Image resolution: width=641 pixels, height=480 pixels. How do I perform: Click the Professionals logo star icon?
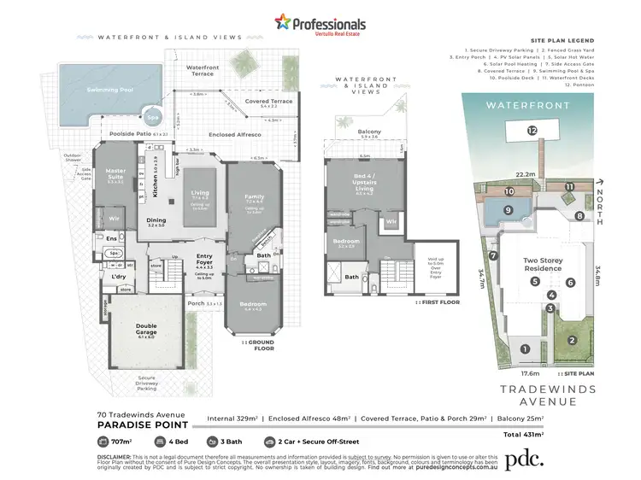pyautogui.click(x=282, y=22)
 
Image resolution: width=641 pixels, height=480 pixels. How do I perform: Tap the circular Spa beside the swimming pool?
pyautogui.click(x=152, y=118)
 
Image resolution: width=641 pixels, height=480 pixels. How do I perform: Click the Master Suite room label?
pyautogui.click(x=115, y=174)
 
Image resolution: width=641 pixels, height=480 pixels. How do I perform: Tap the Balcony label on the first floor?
pyautogui.click(x=370, y=132)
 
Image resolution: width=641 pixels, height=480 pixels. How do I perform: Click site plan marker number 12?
pyautogui.click(x=532, y=131)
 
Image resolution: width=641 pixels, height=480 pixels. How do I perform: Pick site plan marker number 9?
pyautogui.click(x=508, y=209)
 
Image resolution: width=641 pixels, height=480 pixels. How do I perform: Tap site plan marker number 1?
pyautogui.click(x=526, y=348)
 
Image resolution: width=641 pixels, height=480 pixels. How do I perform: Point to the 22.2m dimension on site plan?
pyautogui.click(x=535, y=173)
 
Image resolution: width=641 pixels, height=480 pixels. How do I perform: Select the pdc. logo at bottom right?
pyautogui.click(x=523, y=460)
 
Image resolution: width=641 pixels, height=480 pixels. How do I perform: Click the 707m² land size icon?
pyautogui.click(x=103, y=442)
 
